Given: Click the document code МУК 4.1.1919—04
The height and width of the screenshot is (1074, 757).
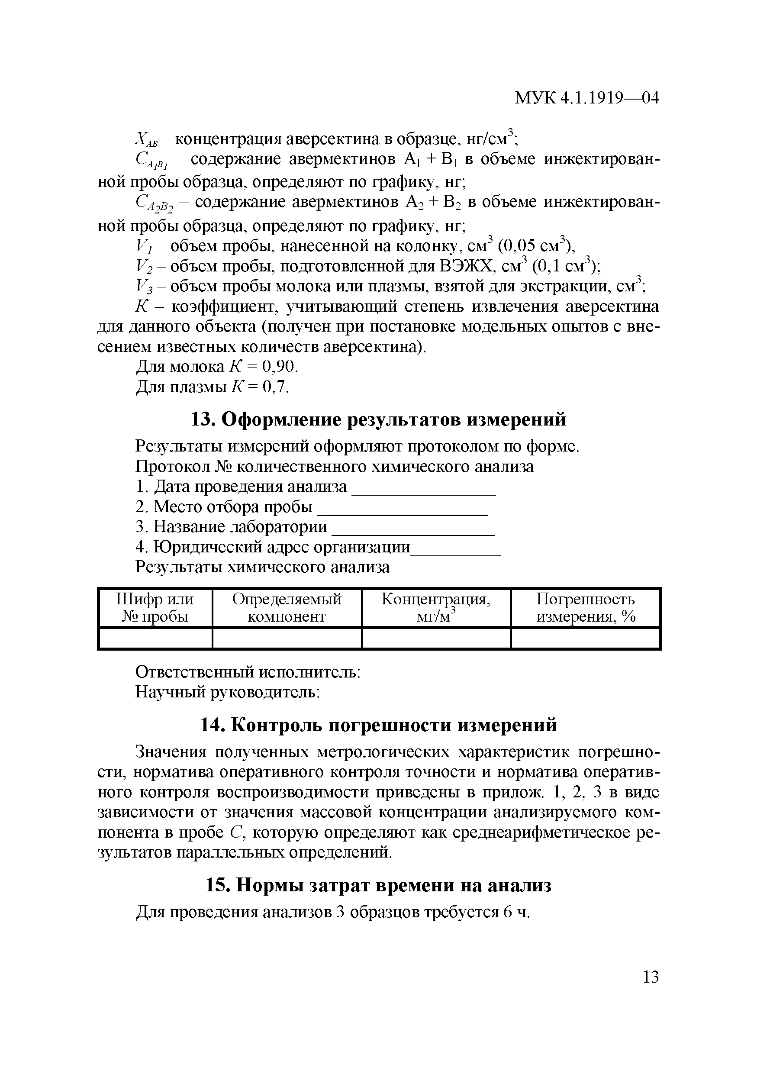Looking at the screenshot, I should coord(586,98).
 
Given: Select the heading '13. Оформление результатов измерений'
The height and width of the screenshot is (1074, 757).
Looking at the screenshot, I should coord(378,419).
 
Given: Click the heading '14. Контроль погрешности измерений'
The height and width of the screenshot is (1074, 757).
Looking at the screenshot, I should coord(378,726).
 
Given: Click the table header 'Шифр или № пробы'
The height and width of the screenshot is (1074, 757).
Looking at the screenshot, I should coord(155,608).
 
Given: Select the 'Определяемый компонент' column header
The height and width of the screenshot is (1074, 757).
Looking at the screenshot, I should coord(287,608).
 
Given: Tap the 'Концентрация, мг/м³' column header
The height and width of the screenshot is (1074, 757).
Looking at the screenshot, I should coord(436,608).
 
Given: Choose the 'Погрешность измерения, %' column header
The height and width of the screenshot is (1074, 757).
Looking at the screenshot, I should coord(586,608).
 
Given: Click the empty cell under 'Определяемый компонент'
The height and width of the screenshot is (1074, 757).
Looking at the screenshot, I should coord(287,639).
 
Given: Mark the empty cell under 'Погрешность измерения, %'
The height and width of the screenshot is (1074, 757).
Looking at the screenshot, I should coord(586,639).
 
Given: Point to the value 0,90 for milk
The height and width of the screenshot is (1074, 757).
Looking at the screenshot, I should coord(279,367).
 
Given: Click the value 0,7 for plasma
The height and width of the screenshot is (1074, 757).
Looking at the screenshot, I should coord(276,387).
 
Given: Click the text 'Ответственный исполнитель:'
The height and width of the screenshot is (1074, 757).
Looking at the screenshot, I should coord(247,672).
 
